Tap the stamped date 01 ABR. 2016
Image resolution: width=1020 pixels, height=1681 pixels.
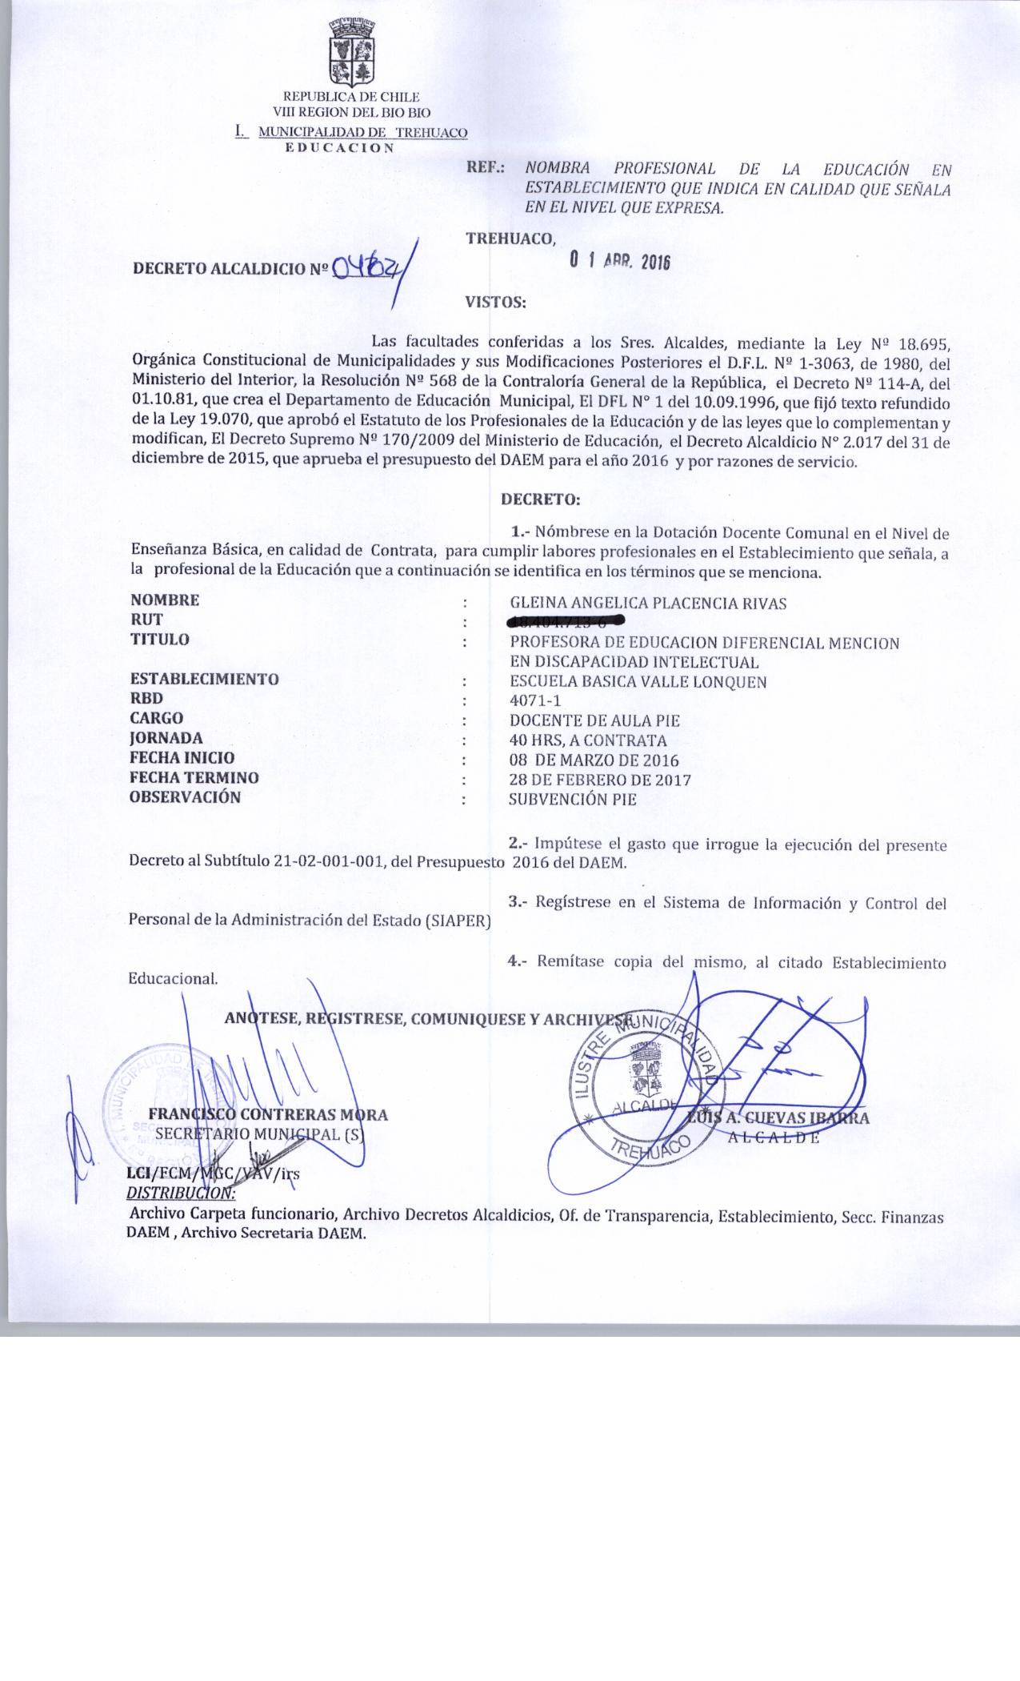[x=618, y=261]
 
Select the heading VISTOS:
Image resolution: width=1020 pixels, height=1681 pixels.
[x=495, y=303]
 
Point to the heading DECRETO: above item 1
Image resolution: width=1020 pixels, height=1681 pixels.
[x=540, y=499]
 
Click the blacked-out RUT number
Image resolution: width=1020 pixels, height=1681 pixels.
[x=566, y=620]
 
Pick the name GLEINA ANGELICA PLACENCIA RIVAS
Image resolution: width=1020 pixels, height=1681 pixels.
[x=647, y=604]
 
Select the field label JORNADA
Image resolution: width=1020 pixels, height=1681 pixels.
[x=166, y=737]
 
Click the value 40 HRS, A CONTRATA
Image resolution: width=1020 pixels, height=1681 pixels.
[x=587, y=740]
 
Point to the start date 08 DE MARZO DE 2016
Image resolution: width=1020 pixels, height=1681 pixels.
[x=594, y=760]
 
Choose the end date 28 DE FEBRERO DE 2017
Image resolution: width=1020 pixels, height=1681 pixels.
[x=600, y=780]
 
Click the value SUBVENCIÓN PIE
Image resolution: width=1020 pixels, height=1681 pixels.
[x=573, y=799]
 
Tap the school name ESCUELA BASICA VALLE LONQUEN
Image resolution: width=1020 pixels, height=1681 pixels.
[x=638, y=681]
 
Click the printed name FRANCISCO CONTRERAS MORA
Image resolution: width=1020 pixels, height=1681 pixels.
[x=268, y=1115]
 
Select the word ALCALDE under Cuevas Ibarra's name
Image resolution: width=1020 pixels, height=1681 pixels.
[x=773, y=1138]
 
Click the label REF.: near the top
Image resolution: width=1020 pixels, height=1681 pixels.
[x=486, y=169]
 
